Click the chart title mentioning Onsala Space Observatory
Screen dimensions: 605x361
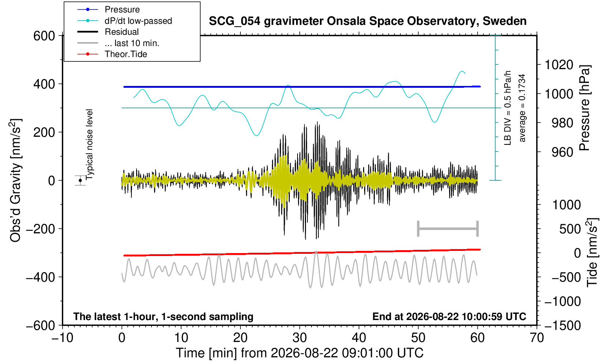367,21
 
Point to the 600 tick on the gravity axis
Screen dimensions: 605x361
44,36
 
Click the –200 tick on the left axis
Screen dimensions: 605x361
41,229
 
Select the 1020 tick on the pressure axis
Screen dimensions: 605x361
559,65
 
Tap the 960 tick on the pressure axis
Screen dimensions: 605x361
562,152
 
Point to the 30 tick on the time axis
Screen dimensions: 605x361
299,338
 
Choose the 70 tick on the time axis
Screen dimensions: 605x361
537,338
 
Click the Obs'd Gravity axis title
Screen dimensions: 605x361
15,180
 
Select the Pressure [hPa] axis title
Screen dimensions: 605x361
585,108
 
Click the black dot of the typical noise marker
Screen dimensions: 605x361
80,180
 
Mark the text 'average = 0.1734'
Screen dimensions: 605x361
522,108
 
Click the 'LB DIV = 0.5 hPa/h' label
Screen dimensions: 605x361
508,108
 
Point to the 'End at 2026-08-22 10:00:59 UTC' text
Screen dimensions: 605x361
449,316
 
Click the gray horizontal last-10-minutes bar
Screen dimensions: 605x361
448,229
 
